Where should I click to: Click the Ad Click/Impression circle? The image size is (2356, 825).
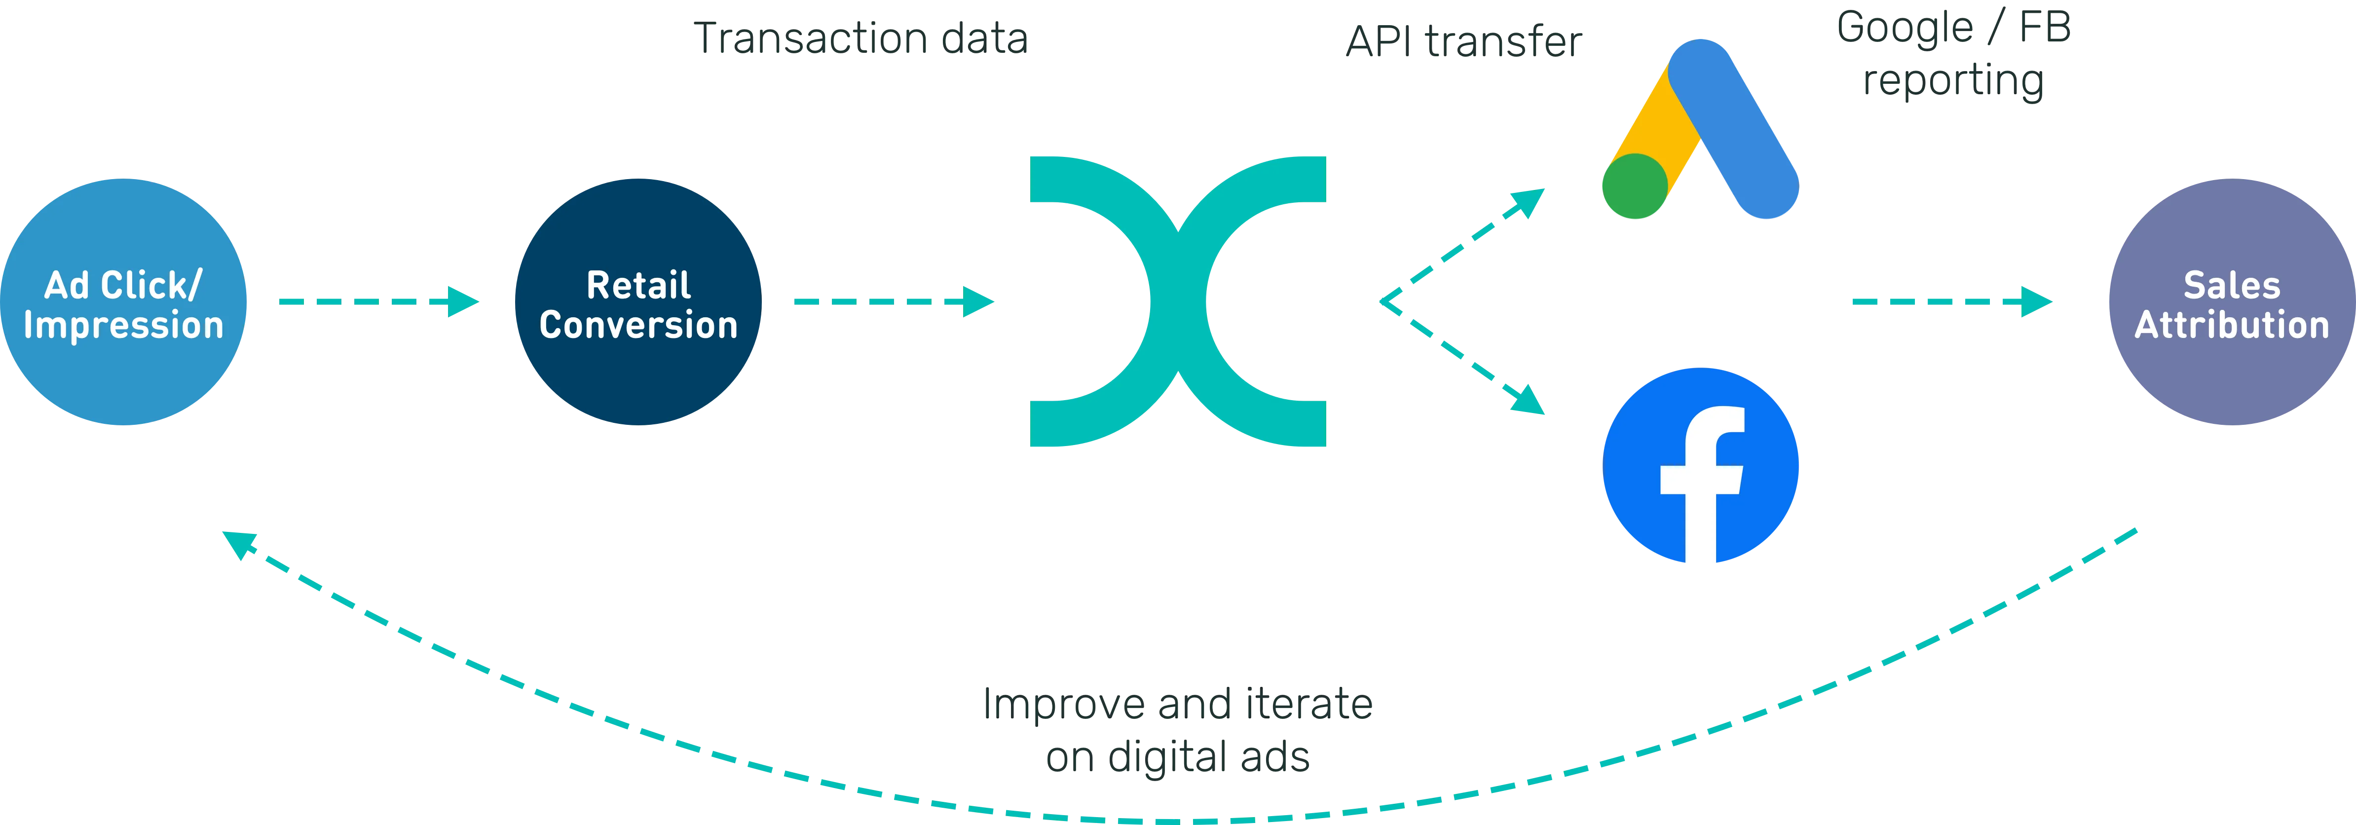click(x=123, y=302)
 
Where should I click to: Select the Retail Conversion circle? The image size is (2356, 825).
click(x=637, y=302)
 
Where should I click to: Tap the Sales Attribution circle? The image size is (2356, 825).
click(x=2232, y=302)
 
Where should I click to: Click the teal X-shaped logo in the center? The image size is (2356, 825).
click(x=1178, y=302)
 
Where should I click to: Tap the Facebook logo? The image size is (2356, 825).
click(x=1701, y=466)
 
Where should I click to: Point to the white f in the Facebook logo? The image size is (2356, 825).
click(x=1701, y=485)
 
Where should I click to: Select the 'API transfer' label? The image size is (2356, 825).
click(x=1463, y=43)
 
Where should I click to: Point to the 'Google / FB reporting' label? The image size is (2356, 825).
click(x=1953, y=55)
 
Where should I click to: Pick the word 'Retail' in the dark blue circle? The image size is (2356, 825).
click(x=637, y=285)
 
